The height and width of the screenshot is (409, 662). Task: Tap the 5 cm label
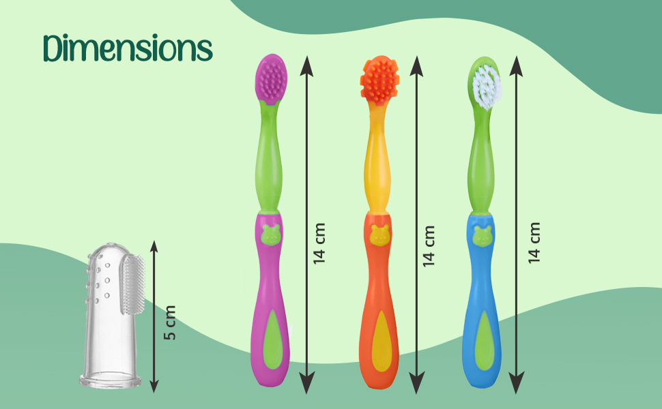click(171, 323)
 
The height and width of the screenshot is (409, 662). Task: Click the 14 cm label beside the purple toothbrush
click(320, 243)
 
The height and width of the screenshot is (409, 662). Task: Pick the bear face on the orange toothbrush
click(379, 235)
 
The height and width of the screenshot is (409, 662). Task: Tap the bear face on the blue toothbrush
click(483, 235)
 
